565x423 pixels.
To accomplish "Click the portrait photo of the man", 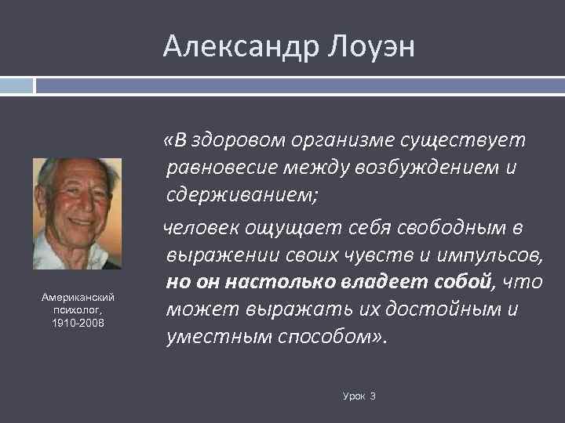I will click(77, 213).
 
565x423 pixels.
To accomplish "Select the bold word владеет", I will click(386, 282).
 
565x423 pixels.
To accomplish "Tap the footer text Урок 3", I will click(359, 396).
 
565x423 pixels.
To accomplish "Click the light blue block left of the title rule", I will click(16, 85).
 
